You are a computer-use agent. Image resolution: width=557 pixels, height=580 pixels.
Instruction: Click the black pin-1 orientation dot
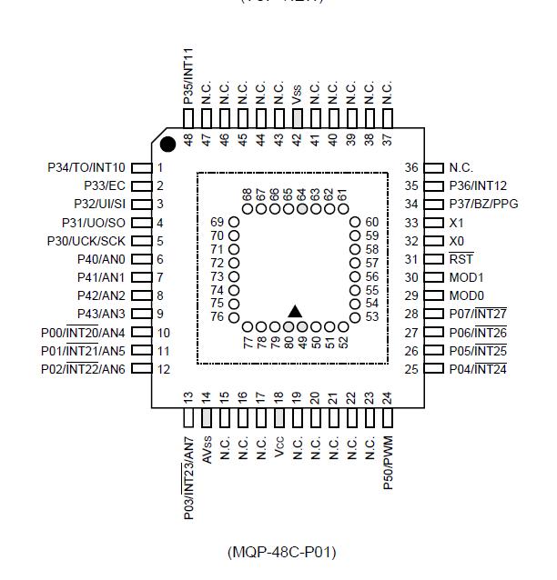tap(167, 144)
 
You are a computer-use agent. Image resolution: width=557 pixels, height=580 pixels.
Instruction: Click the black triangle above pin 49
tap(295, 311)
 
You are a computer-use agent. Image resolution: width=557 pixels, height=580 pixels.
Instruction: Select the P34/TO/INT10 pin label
tap(86, 167)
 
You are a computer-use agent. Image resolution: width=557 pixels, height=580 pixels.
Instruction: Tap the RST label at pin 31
tap(461, 259)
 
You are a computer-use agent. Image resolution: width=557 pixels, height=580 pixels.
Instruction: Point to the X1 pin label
tap(457, 223)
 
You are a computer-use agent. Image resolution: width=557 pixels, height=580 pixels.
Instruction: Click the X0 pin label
tap(457, 241)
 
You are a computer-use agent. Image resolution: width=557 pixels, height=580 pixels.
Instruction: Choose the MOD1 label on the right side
tap(466, 277)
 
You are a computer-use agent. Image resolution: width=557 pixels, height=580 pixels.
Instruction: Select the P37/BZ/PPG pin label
tap(483, 204)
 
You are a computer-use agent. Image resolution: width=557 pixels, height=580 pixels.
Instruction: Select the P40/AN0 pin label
tap(101, 259)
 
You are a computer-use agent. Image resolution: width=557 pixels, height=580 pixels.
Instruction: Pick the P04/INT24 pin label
tap(478, 369)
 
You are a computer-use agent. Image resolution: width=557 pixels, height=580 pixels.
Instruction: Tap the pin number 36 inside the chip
tap(411, 168)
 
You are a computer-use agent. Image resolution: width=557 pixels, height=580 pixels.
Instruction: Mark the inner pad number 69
tap(217, 222)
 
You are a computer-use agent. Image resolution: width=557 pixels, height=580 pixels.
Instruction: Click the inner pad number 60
tap(371, 222)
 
